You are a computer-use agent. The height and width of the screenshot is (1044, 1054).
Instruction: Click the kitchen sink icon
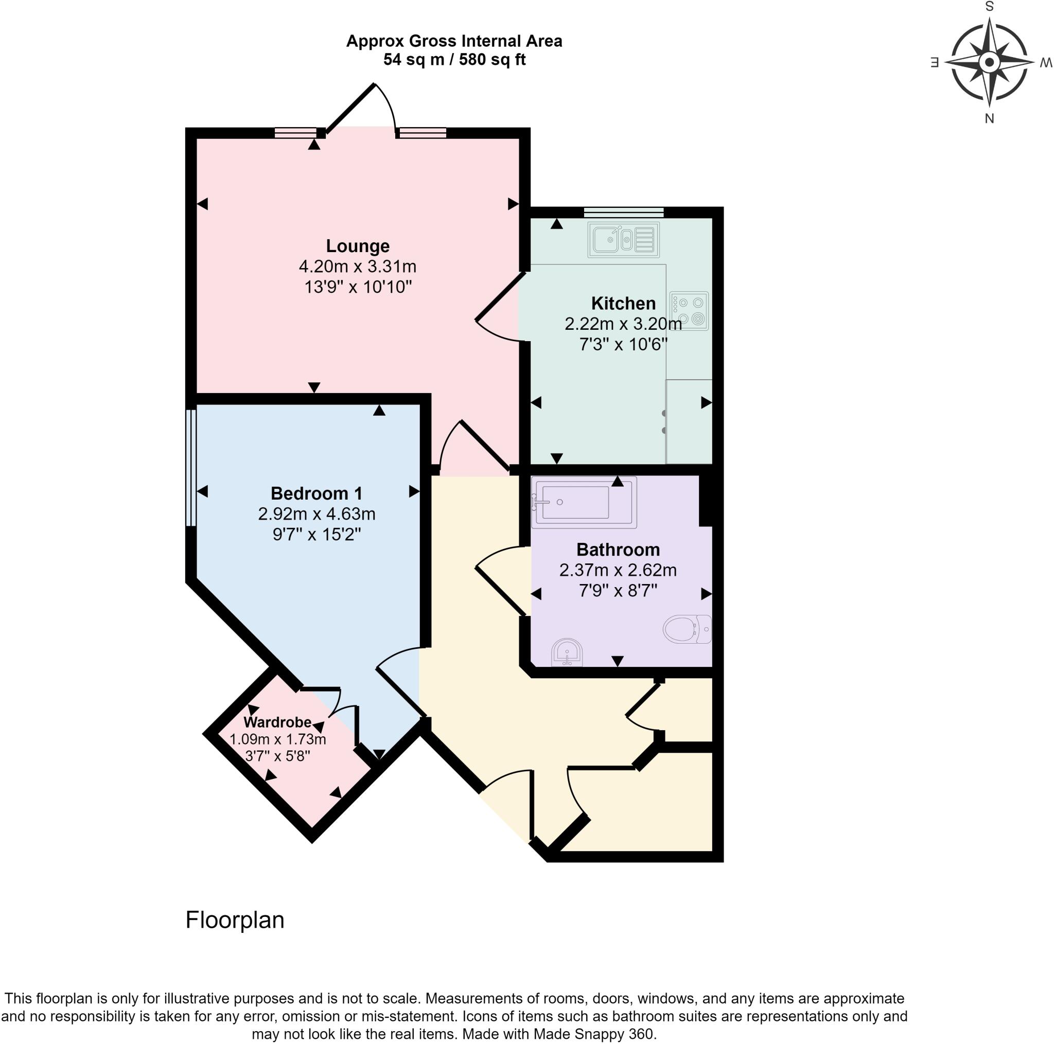point(623,239)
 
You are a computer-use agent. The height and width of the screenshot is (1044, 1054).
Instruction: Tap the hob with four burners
point(690,310)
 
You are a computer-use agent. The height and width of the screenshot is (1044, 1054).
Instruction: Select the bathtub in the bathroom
point(583,502)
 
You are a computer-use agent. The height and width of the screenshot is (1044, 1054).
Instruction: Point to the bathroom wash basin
point(567,653)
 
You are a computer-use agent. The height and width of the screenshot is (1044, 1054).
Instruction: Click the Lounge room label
point(357,246)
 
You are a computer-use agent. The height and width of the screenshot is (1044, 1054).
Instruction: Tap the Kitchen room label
point(623,303)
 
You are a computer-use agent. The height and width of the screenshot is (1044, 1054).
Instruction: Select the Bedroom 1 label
point(317,493)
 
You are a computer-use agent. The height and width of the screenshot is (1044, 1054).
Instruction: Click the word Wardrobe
point(277,722)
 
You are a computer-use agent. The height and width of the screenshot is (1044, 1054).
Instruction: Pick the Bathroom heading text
point(618,550)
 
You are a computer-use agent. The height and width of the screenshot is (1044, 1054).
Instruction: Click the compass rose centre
point(989,62)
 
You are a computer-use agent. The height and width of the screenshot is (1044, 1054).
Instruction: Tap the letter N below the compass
point(989,118)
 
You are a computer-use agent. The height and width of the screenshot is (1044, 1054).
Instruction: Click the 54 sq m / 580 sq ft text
point(454,60)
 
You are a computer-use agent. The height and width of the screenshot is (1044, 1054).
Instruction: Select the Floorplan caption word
point(235,920)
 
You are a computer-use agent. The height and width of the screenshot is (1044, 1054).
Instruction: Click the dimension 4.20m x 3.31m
point(357,266)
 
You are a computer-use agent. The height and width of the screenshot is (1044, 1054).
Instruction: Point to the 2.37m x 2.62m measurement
point(618,570)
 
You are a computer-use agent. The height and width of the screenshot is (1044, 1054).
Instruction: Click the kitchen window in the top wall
point(623,212)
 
